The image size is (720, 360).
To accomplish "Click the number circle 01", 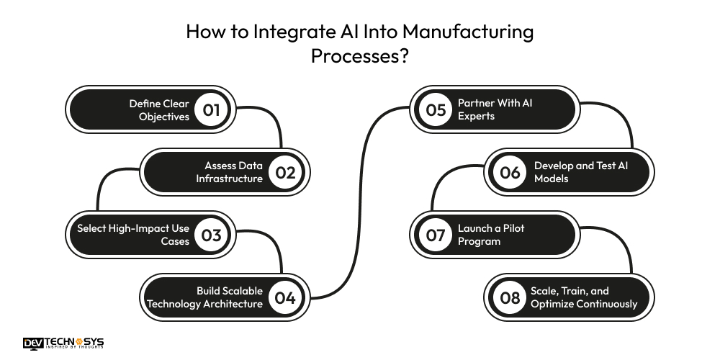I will click(x=211, y=110).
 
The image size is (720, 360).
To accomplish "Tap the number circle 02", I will click(x=286, y=172).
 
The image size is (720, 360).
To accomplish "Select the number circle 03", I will click(x=211, y=235).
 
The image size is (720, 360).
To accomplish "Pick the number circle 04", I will click(x=286, y=297).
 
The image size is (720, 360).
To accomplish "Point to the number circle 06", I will click(x=510, y=172).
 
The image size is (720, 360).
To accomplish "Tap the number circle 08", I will click(x=510, y=297).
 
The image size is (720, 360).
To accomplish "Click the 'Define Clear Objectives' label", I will click(x=159, y=109).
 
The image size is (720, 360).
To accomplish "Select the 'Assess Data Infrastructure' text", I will click(x=230, y=172).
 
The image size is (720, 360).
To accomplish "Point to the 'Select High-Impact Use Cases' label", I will click(x=134, y=235).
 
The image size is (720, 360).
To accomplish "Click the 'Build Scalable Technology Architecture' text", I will click(x=205, y=297).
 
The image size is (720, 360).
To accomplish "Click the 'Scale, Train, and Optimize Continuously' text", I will click(x=584, y=297).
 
